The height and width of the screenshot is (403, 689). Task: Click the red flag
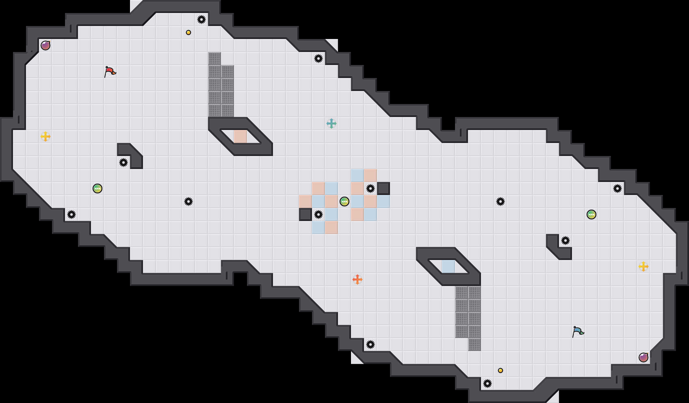pyautogui.click(x=110, y=71)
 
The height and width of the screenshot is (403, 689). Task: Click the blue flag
pyautogui.click(x=578, y=331)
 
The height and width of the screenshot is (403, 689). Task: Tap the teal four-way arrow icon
pyautogui.click(x=331, y=123)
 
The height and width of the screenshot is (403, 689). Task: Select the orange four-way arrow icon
pyautogui.click(x=357, y=279)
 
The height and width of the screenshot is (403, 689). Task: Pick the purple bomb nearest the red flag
pyautogui.click(x=45, y=45)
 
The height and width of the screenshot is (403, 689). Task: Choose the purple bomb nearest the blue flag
pyautogui.click(x=643, y=357)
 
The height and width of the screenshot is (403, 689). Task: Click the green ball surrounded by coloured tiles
pyautogui.click(x=344, y=201)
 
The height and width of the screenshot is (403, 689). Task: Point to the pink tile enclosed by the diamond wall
pyautogui.click(x=240, y=136)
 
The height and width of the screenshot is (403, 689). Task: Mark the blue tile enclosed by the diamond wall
pyautogui.click(x=448, y=266)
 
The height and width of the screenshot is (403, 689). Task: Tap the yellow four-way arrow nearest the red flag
pyautogui.click(x=45, y=136)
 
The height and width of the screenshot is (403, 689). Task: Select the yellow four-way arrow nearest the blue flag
pyautogui.click(x=643, y=266)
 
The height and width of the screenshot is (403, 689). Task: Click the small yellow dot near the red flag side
pyautogui.click(x=188, y=32)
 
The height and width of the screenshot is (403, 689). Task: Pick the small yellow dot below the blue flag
pyautogui.click(x=500, y=370)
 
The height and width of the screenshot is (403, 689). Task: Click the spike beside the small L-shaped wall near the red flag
pyautogui.click(x=123, y=162)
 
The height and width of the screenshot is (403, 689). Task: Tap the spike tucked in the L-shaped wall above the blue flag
pyautogui.click(x=565, y=240)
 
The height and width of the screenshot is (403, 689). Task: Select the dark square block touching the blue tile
pyautogui.click(x=383, y=188)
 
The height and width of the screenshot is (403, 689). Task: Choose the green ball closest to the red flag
pyautogui.click(x=97, y=188)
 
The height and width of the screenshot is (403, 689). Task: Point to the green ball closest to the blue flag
pyautogui.click(x=591, y=214)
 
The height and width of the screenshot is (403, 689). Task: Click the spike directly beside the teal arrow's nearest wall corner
pyautogui.click(x=318, y=58)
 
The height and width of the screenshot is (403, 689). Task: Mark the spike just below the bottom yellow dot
pyautogui.click(x=487, y=383)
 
